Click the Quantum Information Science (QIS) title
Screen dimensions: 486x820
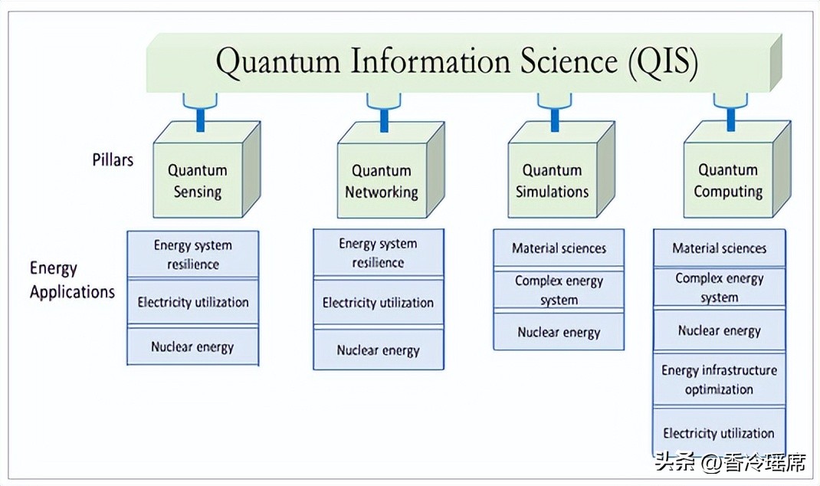pyautogui.click(x=457, y=61)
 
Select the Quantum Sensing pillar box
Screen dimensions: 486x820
pyautogui.click(x=198, y=181)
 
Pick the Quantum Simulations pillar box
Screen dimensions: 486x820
pyautogui.click(x=552, y=181)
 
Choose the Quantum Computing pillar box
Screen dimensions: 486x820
pyautogui.click(x=728, y=181)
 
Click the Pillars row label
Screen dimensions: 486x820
pyautogui.click(x=113, y=160)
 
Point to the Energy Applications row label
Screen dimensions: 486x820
pyautogui.click(x=72, y=280)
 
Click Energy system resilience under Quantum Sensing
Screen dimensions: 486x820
pyautogui.click(x=193, y=254)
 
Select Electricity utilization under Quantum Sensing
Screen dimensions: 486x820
pyautogui.click(x=193, y=302)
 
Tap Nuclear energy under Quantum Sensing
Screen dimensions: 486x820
pyautogui.click(x=193, y=346)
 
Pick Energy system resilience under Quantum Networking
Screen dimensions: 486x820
pyautogui.click(x=379, y=253)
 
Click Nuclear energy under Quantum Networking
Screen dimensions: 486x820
pyautogui.click(x=379, y=350)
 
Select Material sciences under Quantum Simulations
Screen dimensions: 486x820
pyautogui.click(x=559, y=248)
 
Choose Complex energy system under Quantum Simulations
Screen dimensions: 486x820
pyautogui.click(x=559, y=290)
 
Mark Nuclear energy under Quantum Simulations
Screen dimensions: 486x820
pyautogui.click(x=559, y=332)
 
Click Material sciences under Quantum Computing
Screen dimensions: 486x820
pyautogui.click(x=719, y=248)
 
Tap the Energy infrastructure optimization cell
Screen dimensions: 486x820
pyautogui.click(x=719, y=379)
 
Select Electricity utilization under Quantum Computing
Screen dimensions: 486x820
pyautogui.click(x=719, y=433)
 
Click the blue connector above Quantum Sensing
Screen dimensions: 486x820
pyautogui.click(x=200, y=113)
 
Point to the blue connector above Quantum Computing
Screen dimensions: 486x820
pyautogui.click(x=730, y=113)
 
